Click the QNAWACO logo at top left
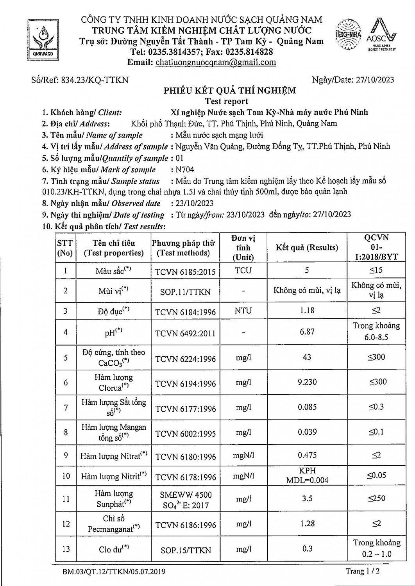pos(43,38)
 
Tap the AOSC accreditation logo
pos(382,35)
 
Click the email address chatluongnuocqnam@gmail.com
pos(216,63)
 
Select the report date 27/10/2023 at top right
pos(375,80)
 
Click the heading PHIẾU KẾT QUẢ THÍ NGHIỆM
pos(229,91)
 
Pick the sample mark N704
pos(185,170)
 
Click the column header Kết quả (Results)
pos(307,248)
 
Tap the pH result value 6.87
pos(307,332)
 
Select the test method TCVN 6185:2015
pos(185,272)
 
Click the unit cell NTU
pos(243,311)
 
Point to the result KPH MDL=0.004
pos(307,475)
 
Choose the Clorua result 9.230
pos(307,382)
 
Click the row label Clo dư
pos(114,549)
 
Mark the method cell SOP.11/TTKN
pos(185,291)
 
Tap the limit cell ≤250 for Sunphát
pos(376,498)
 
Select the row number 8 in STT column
pos(66,432)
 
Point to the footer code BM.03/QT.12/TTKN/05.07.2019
pos(114,572)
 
